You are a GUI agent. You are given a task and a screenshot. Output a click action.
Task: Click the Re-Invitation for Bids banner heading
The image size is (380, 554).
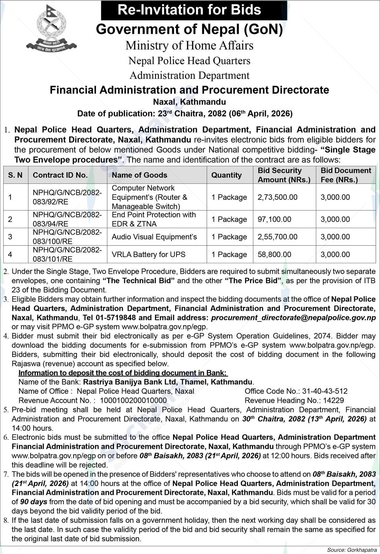[x=194, y=10]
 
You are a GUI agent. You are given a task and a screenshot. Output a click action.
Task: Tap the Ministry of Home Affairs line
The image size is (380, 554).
[x=190, y=45]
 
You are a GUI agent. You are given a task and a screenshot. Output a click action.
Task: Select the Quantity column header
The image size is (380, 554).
[x=226, y=175]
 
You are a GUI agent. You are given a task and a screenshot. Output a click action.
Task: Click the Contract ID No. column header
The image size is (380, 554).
[x=60, y=175]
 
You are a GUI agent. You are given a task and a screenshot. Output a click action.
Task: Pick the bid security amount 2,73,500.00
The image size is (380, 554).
[x=277, y=197]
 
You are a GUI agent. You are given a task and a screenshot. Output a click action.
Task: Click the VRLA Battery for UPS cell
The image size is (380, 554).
[x=149, y=254]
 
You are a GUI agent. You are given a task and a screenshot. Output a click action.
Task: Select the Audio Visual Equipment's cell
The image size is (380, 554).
[x=154, y=237]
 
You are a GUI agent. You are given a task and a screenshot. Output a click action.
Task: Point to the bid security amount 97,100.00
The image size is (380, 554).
[x=274, y=219]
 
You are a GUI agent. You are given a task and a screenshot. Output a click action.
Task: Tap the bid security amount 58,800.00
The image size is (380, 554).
[x=274, y=254]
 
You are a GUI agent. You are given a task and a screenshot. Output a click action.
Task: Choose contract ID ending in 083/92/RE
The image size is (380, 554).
[x=67, y=197]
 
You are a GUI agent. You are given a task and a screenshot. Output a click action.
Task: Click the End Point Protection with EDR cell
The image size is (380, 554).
[x=154, y=219]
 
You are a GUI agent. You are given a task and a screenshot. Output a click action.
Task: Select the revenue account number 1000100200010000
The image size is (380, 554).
[x=133, y=401]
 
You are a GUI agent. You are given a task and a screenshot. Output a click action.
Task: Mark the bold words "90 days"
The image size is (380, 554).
[x=34, y=502]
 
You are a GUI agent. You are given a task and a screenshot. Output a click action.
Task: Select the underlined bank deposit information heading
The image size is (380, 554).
[x=123, y=373]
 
